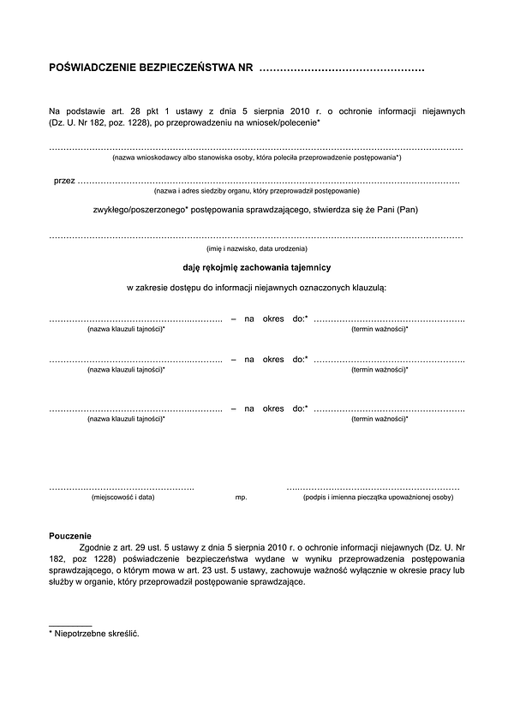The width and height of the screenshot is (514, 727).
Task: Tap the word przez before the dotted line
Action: [63, 181]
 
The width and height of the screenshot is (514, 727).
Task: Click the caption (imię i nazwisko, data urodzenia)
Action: [256, 248]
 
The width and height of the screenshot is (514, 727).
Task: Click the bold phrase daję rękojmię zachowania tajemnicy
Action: [256, 267]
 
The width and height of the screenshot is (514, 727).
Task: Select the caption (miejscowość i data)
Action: [123, 497]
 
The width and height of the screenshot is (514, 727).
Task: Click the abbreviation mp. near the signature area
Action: [241, 497]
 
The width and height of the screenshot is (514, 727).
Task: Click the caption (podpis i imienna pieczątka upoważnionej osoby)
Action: [378, 497]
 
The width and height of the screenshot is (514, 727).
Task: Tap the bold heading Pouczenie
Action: [70, 535]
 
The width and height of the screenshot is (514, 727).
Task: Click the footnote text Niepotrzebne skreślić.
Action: [97, 634]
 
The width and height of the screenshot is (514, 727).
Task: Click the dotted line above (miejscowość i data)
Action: [122, 486]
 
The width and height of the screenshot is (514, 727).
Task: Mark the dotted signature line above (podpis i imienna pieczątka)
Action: [374, 486]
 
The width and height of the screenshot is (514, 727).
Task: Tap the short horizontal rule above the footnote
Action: [70, 626]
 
